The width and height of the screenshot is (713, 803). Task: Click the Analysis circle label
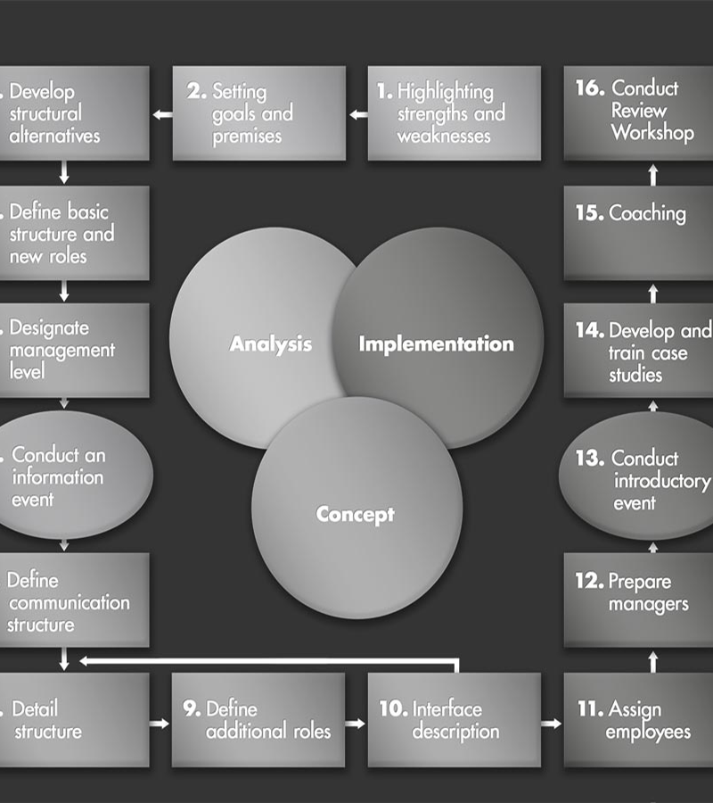tap(271, 344)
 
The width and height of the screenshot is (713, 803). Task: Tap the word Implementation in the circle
tap(436, 344)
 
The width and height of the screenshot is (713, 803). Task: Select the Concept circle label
tap(355, 514)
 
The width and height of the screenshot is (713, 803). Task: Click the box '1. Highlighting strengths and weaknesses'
tap(454, 113)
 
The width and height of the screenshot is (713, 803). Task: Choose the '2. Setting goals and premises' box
tap(258, 113)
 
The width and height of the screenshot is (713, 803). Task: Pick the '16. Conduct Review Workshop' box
tap(638, 112)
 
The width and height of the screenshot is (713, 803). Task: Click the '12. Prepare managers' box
tap(638, 598)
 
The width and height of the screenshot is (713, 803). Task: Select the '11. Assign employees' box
tap(638, 720)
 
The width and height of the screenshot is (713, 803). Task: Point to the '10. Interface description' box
tap(454, 720)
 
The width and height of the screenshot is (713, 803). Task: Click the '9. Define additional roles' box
tap(258, 720)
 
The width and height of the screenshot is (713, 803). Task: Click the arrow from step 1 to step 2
tap(357, 114)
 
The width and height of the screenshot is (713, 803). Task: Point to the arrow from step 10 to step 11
tap(552, 723)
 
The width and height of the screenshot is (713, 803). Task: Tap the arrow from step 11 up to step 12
tap(652, 660)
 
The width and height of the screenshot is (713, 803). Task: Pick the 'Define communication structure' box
tap(71, 600)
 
